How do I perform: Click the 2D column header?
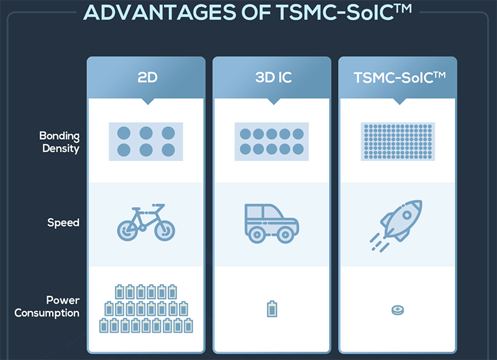point(147,77)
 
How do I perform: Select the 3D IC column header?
point(273,77)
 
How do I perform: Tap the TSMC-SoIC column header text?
point(399,77)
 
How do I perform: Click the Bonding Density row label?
point(60,142)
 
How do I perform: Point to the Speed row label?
point(63,223)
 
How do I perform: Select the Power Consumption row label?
point(47,307)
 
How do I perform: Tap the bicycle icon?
point(146,222)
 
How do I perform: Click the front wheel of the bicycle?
point(165,231)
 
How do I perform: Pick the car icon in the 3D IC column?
point(271,223)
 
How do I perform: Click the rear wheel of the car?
point(257,235)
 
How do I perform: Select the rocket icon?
point(396,226)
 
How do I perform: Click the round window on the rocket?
point(407,215)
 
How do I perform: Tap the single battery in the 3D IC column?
point(272,308)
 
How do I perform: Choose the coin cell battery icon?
point(398,310)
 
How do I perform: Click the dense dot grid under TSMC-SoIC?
point(398,142)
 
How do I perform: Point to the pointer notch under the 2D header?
point(148,101)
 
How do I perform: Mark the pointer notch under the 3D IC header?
point(274,101)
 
